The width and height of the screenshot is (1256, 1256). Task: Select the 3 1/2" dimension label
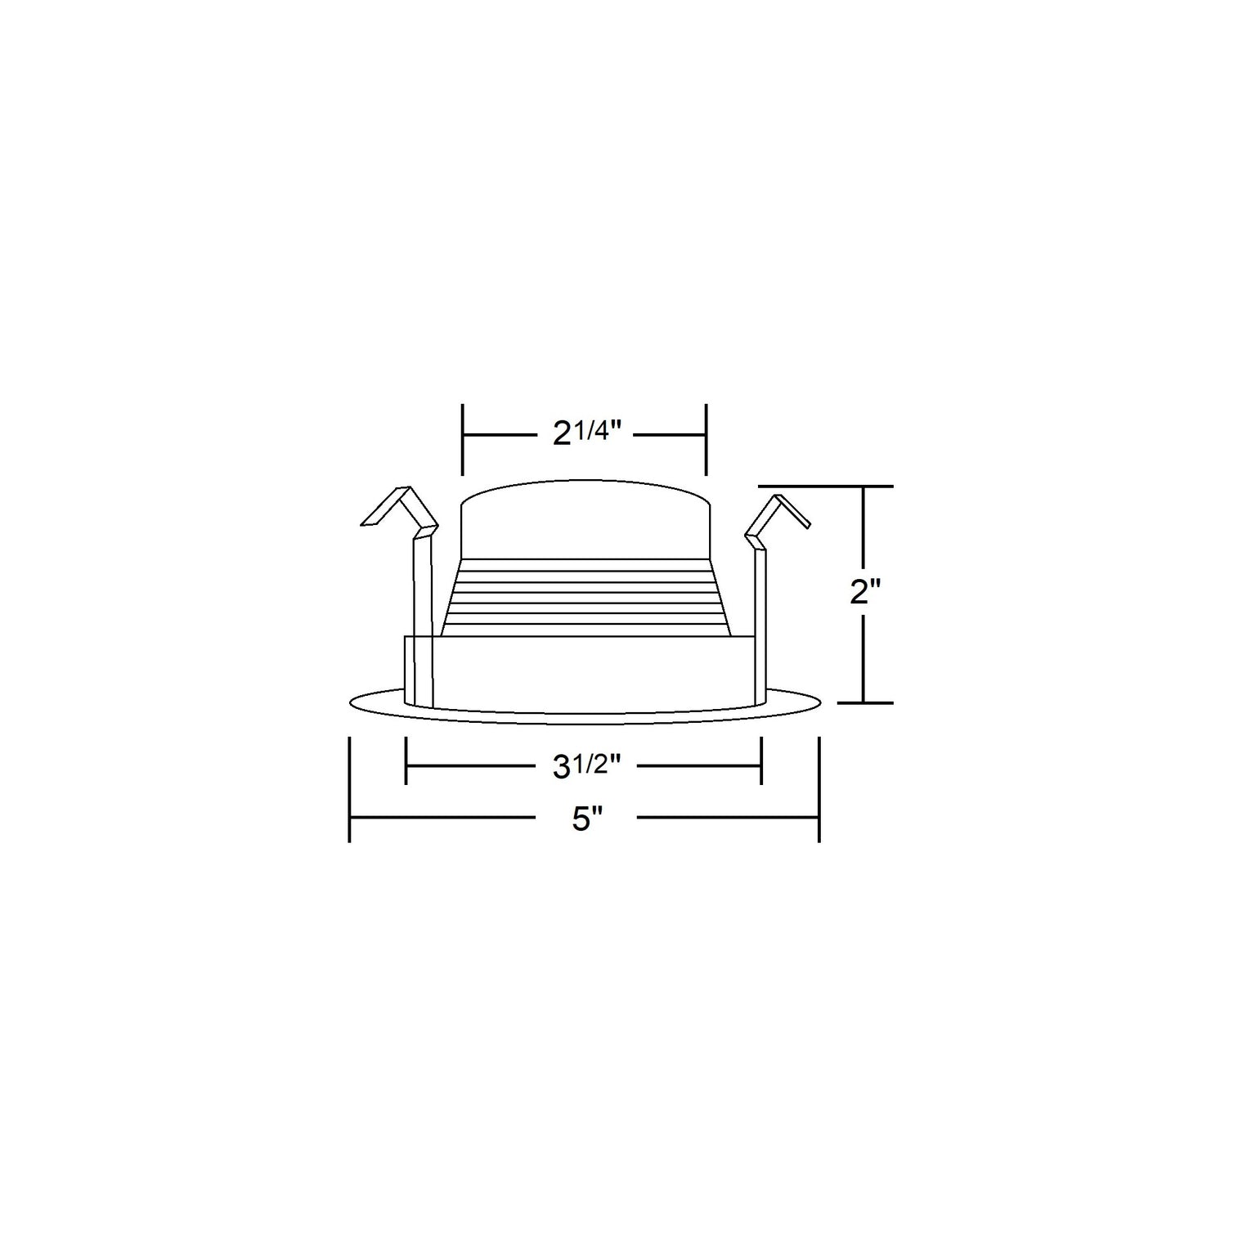[x=586, y=766]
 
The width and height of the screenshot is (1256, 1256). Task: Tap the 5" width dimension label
[x=586, y=818]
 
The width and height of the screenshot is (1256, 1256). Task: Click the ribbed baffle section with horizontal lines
[x=585, y=597]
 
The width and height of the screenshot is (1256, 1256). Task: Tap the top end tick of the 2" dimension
[x=865, y=487]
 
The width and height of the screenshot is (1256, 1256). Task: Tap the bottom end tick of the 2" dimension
[x=865, y=702]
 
